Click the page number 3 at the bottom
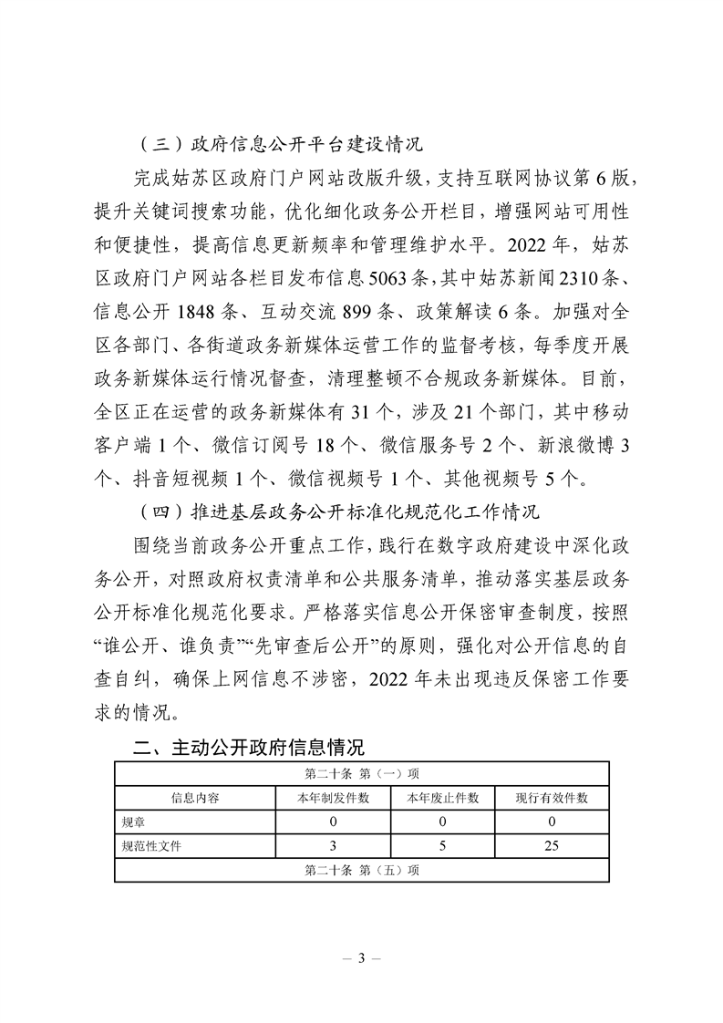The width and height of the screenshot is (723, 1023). tap(362, 957)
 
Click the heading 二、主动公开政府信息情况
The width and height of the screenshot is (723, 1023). tap(249, 749)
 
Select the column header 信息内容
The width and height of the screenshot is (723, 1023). tap(195, 797)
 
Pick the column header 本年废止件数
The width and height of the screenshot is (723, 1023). tap(442, 797)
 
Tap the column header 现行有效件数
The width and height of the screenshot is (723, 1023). tap(552, 797)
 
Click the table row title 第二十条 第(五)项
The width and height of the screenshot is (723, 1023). tap(361, 870)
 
